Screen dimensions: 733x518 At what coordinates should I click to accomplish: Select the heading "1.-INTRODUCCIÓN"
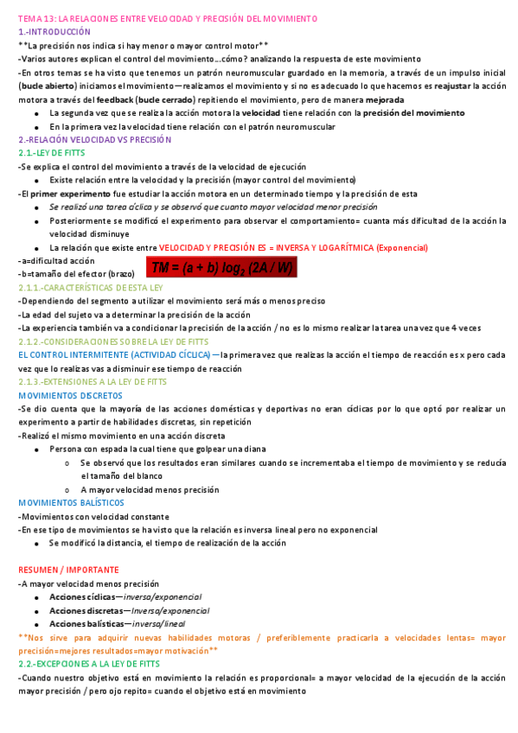pos(54,31)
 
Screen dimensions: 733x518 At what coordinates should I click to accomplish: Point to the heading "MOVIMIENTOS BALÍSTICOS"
pos(71,502)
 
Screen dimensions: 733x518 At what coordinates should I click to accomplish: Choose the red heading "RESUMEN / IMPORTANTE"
pos(68,570)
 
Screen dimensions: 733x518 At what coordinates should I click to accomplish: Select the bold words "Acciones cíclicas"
pos(86,597)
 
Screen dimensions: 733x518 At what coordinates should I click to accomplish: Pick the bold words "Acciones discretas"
pos(86,610)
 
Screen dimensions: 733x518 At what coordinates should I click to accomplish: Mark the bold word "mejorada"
pos(379,100)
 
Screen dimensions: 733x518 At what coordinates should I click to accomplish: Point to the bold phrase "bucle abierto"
pos(47,86)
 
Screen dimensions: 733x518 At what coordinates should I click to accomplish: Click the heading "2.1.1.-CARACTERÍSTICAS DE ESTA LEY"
pos(91,287)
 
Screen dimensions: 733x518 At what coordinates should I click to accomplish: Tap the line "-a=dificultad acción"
pos(56,260)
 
